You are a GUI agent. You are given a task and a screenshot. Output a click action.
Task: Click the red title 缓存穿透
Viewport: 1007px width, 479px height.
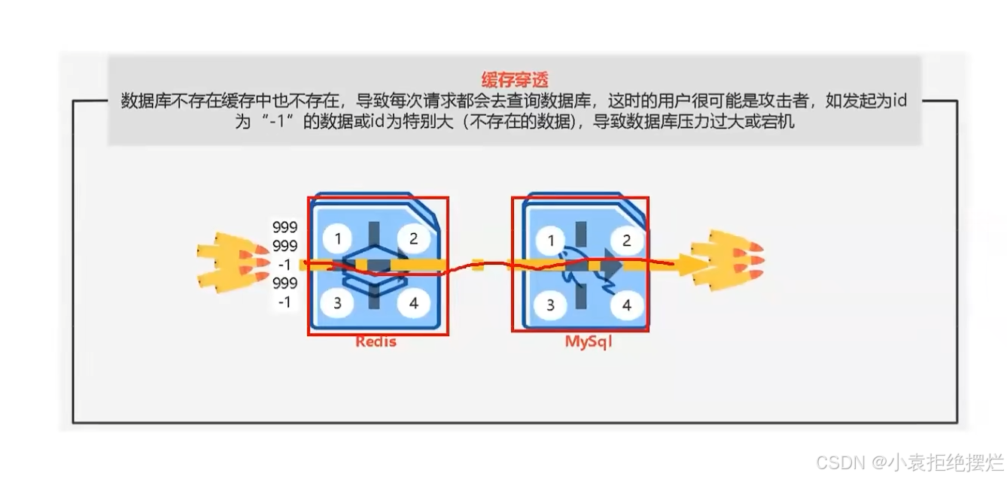tap(515, 78)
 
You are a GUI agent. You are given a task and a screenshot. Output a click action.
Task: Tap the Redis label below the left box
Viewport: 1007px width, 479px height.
tap(376, 342)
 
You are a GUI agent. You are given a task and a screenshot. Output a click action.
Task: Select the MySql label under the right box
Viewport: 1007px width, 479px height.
tap(589, 342)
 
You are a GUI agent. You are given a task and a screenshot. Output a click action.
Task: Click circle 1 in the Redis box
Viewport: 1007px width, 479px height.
tap(338, 239)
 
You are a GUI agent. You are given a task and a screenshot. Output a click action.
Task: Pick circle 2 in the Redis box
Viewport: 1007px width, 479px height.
tap(413, 239)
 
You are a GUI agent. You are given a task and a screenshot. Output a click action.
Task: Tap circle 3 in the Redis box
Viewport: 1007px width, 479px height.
tap(338, 304)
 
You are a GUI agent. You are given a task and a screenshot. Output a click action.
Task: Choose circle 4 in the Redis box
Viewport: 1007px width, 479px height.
tap(413, 304)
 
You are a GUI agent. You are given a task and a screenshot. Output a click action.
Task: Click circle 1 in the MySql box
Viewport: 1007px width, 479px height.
tap(552, 241)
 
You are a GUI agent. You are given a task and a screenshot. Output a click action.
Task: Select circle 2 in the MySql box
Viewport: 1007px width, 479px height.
tap(626, 241)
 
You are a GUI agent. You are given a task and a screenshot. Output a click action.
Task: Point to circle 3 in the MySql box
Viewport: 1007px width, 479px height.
tap(552, 305)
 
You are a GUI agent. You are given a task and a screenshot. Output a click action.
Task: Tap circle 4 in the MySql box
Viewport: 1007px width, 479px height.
tap(626, 305)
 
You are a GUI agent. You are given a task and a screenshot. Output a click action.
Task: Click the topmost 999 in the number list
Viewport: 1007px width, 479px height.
tap(285, 227)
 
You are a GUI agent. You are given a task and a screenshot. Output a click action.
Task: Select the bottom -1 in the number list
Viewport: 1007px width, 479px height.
tap(285, 302)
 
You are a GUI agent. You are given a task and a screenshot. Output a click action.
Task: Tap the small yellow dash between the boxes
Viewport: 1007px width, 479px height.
tap(476, 264)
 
